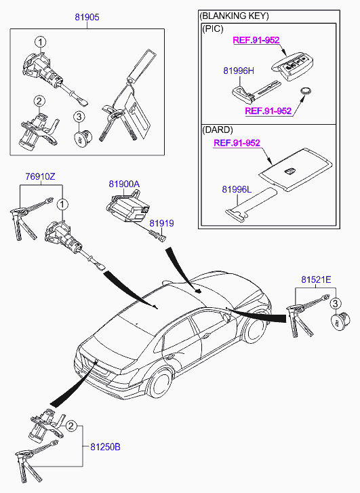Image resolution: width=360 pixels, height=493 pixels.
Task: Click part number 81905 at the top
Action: point(87,17)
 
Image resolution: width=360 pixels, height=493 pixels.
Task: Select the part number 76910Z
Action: point(40,177)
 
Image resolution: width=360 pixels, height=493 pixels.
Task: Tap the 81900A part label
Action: point(124,184)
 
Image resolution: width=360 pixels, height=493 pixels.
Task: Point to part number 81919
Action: point(161,223)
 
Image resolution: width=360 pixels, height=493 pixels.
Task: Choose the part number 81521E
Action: point(316,279)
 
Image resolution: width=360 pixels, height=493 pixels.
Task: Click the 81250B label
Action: point(105,446)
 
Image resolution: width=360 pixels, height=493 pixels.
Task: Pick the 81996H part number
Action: point(239,71)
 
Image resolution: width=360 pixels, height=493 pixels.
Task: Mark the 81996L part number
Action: point(237,189)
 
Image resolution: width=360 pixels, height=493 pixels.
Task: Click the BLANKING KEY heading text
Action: point(234,16)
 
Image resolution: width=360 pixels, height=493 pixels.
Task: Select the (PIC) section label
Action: point(212,29)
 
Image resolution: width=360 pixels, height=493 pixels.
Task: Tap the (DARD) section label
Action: point(217,130)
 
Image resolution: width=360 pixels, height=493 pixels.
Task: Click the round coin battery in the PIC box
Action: point(306,91)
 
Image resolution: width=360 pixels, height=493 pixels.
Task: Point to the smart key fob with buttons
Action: point(292,67)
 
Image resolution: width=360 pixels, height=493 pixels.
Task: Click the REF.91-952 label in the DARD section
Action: point(237,143)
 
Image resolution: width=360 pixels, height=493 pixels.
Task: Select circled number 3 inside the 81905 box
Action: point(79,117)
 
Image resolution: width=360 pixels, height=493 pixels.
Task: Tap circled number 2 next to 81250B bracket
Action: point(71,426)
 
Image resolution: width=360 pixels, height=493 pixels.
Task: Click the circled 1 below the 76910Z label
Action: point(62,205)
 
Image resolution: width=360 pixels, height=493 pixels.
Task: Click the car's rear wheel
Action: point(160,383)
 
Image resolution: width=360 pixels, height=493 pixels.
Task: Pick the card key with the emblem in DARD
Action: point(296,170)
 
